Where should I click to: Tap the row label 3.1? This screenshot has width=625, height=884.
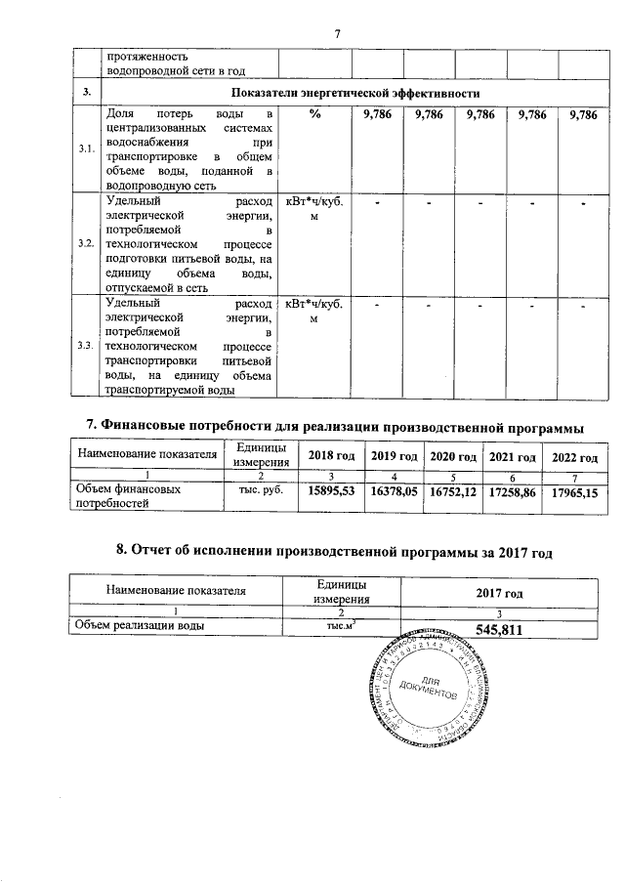tap(86, 149)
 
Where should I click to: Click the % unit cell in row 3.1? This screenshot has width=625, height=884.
tap(314, 115)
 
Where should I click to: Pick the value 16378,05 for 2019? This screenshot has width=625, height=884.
tap(395, 494)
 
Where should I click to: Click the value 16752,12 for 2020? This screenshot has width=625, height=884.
tap(455, 494)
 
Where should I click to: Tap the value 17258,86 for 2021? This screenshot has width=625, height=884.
tap(514, 494)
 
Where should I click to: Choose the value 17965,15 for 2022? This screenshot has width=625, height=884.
tap(574, 494)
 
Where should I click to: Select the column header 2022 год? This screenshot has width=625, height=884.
tap(574, 457)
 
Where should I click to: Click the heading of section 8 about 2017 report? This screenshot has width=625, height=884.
tap(334, 553)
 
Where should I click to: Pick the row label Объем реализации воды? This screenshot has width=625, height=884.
tap(137, 626)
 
